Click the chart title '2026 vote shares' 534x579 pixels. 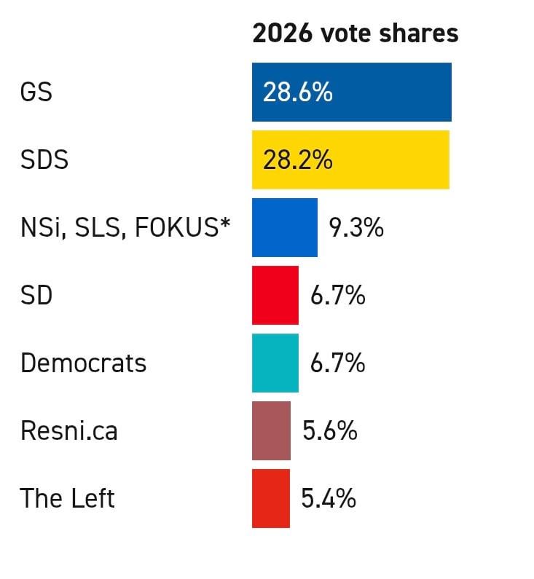click(x=355, y=34)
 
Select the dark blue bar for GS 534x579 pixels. click(x=393, y=92)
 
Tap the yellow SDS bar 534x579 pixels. click(x=393, y=159)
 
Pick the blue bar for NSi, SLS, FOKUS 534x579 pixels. click(x=284, y=227)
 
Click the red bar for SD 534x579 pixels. click(x=275, y=295)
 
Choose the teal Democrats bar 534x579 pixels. click(x=275, y=363)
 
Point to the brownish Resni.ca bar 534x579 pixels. click(x=271, y=430)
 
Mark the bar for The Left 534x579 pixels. click(x=270, y=498)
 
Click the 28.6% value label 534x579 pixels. click(x=297, y=92)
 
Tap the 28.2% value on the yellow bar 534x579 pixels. click(x=297, y=160)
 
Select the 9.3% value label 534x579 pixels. click(x=356, y=228)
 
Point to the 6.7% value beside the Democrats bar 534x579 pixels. click(x=337, y=363)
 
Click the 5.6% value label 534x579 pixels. click(x=329, y=431)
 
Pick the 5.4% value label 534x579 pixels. click(x=329, y=499)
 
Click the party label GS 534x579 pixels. click(x=36, y=92)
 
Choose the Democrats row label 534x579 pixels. click(x=83, y=363)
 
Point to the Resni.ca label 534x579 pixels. click(x=68, y=431)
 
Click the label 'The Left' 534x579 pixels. click(x=67, y=499)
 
